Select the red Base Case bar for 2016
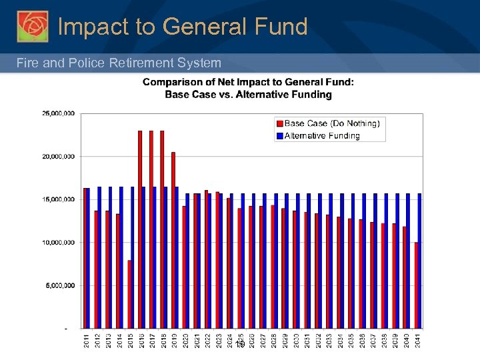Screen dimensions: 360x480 pyautogui.click(x=140, y=229)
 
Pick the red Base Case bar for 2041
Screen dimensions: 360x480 pyautogui.click(x=416, y=285)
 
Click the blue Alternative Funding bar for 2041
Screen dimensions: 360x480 pyautogui.click(x=420, y=261)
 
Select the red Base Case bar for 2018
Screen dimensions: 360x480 pyautogui.click(x=162, y=229)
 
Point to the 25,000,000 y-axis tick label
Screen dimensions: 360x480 pyautogui.click(x=59, y=114)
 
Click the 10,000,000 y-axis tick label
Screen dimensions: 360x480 pyautogui.click(x=59, y=243)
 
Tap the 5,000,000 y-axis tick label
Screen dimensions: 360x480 pyautogui.click(x=60, y=285)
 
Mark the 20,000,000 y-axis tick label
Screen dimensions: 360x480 pyautogui.click(x=59, y=157)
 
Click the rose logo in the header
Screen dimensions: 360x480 pyautogui.click(x=32, y=27)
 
